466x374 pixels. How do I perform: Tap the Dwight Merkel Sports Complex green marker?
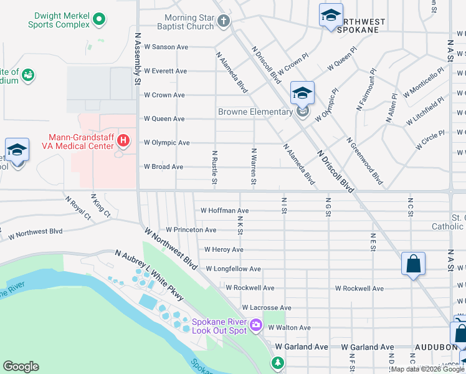click(98, 20)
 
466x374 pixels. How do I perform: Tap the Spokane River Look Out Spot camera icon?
click(255, 325)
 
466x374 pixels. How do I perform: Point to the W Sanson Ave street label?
click(166, 47)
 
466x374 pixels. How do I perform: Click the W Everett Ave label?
click(165, 71)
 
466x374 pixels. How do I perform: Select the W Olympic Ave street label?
click(166, 143)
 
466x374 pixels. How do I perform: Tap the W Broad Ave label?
click(163, 167)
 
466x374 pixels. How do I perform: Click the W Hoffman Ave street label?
click(224, 211)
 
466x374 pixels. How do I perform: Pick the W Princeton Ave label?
click(191, 230)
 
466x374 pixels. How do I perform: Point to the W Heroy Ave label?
click(221, 249)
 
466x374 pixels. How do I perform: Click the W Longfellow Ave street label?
click(232, 269)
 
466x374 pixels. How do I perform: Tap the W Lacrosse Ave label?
click(266, 307)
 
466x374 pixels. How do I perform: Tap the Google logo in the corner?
click(21, 367)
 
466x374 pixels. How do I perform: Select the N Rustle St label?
click(214, 167)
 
